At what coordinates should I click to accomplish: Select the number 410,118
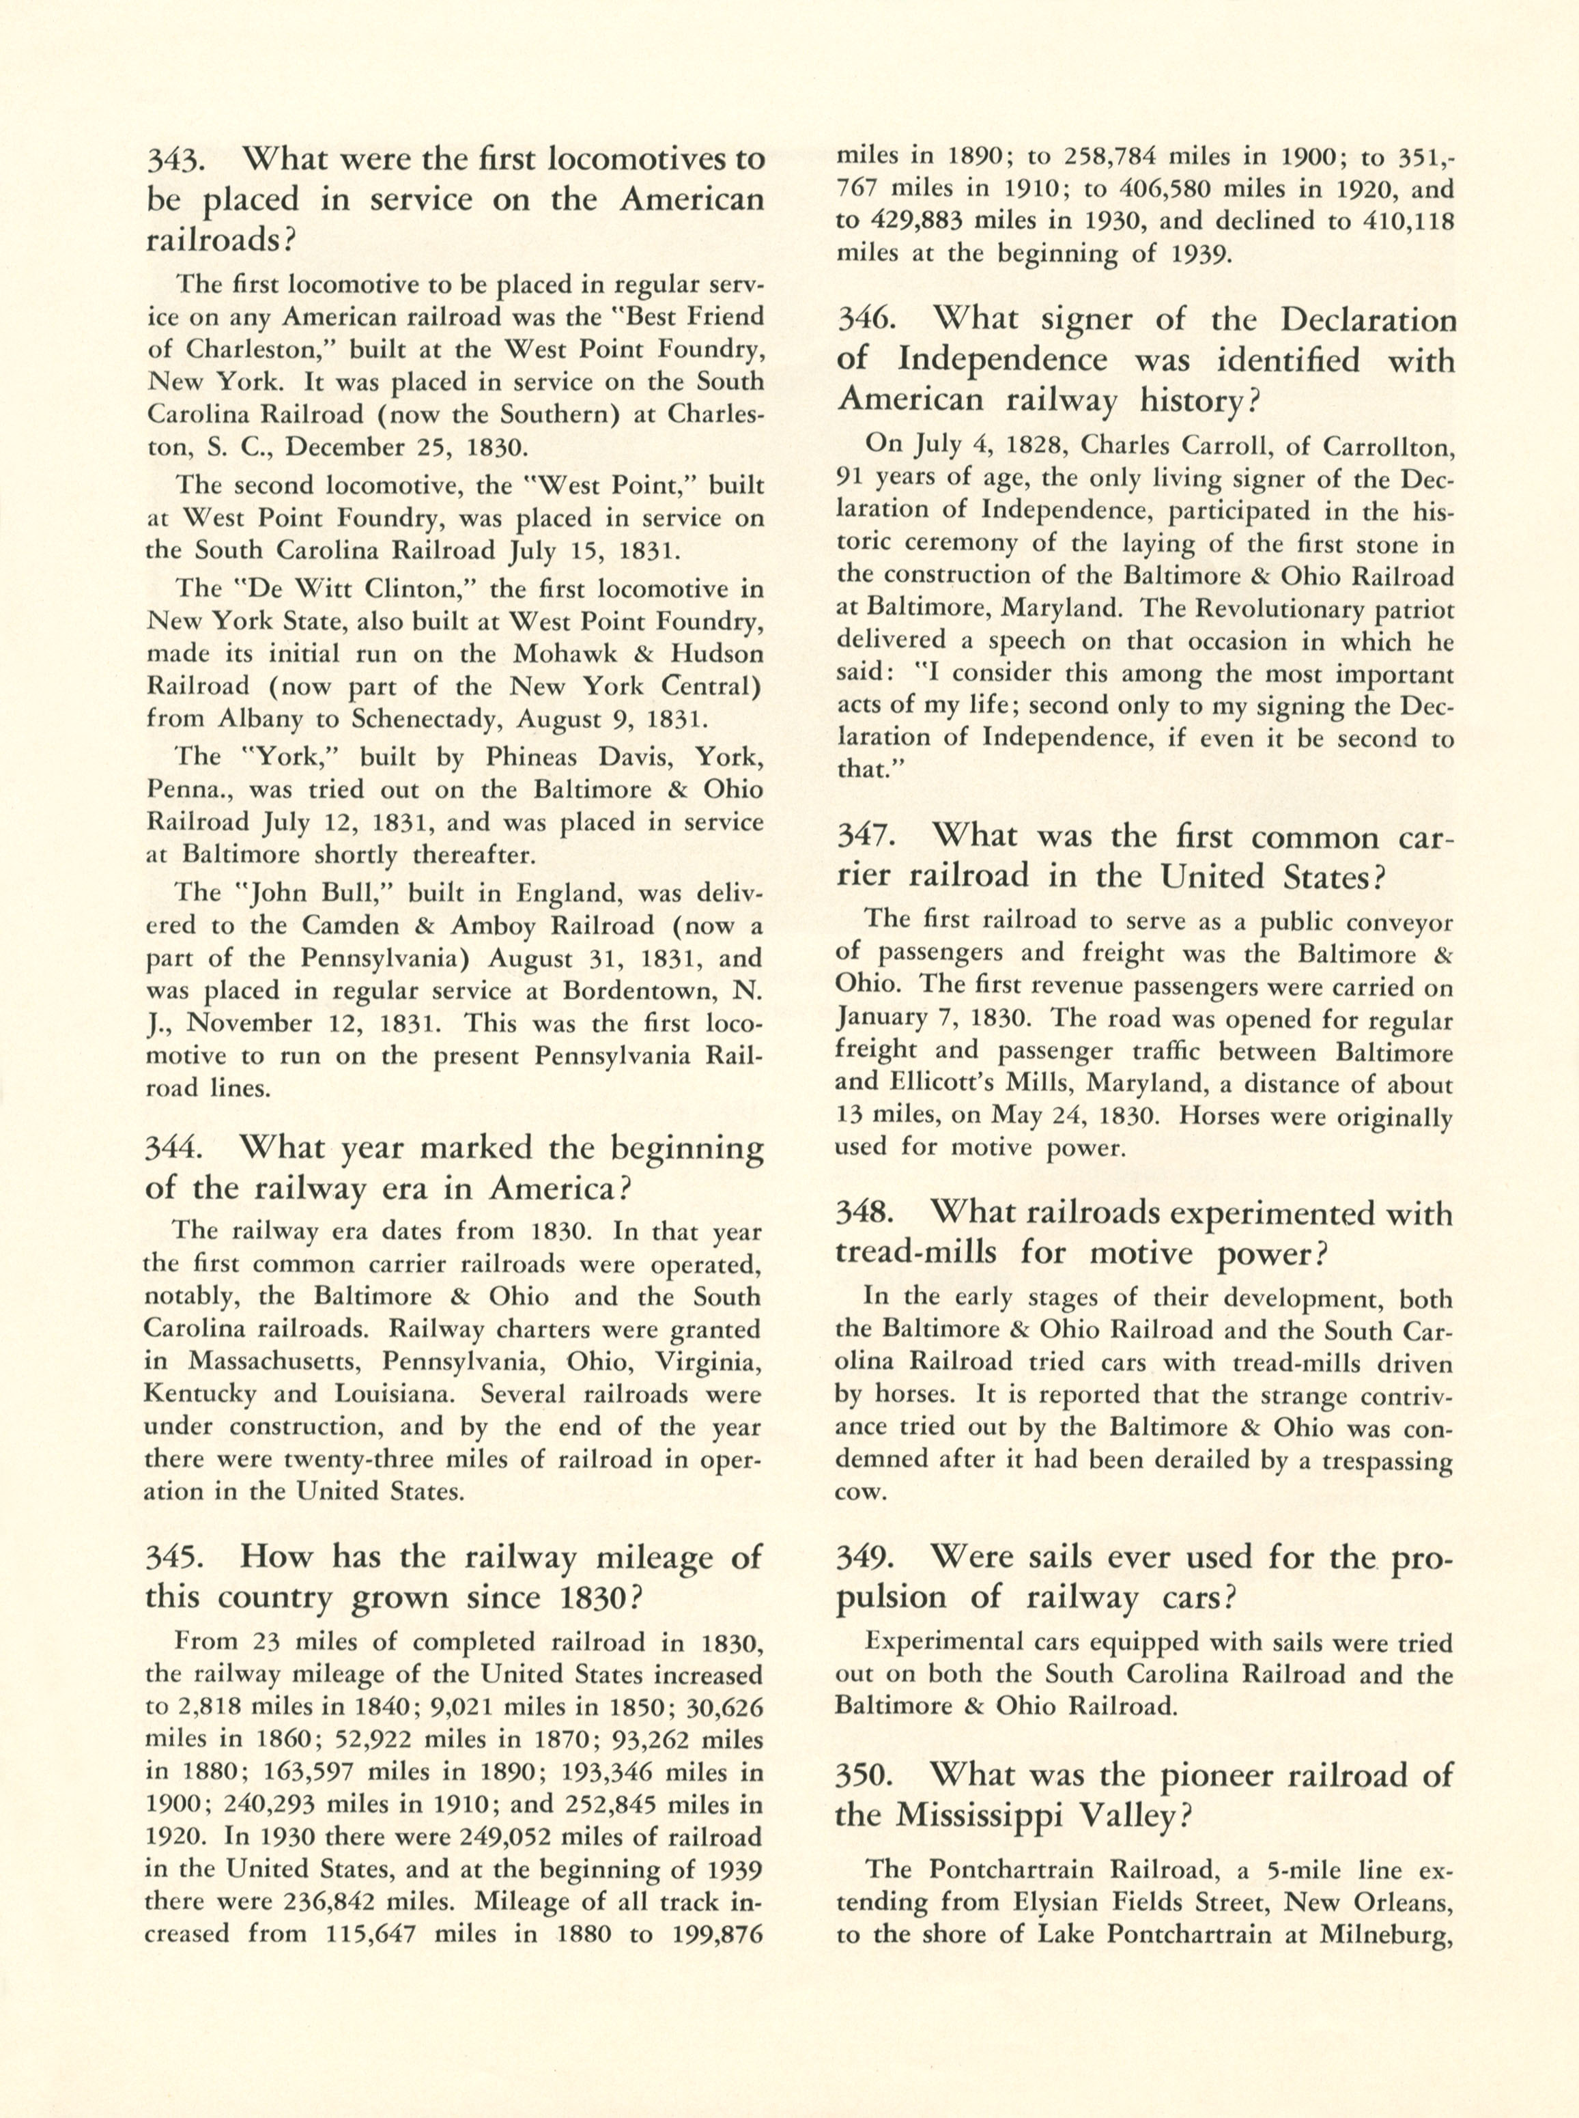click(1398, 221)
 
